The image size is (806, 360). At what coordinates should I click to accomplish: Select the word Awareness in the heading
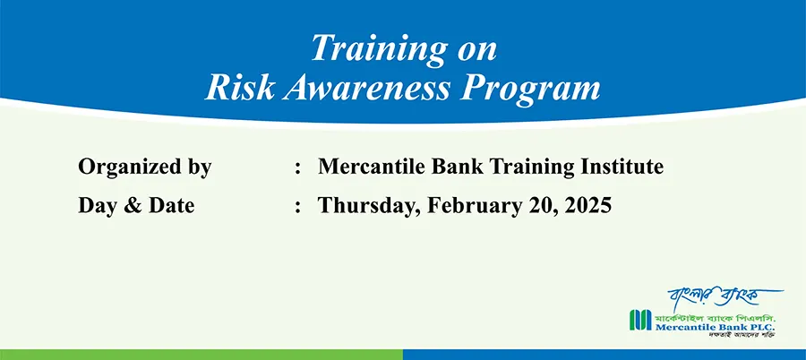coord(365,88)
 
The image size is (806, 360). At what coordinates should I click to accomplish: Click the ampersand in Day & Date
coord(131,206)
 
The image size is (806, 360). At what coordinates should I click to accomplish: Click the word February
coord(474,207)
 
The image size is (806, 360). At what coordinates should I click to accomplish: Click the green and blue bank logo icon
coord(640,320)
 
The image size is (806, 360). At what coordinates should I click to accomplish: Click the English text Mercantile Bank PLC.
coord(714,327)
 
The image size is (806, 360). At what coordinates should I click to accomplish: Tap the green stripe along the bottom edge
coord(201,355)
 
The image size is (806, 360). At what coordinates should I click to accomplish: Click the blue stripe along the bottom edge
coord(604,355)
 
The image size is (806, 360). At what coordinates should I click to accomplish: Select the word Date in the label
coord(172,206)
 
